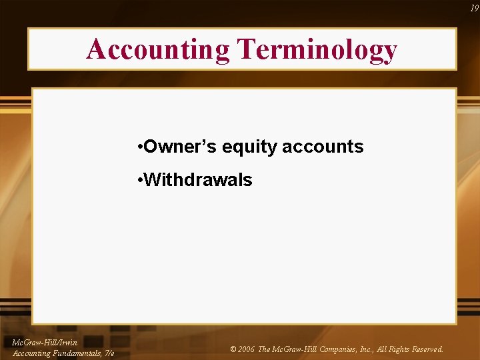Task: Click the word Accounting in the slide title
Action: click(157, 49)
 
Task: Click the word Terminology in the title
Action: click(317, 49)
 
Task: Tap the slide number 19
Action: click(474, 9)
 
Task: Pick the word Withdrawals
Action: click(198, 179)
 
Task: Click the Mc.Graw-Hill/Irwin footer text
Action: click(45, 343)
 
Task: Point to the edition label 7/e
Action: click(109, 353)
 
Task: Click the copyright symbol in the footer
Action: click(233, 349)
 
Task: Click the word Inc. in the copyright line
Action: click(367, 349)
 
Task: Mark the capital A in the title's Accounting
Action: click(95, 49)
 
